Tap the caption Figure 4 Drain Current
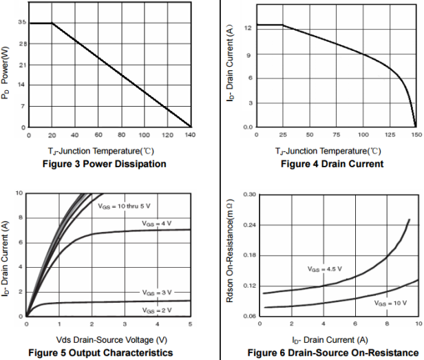332,164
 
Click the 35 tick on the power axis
23,23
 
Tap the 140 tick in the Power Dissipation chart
190,135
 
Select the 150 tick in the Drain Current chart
416,135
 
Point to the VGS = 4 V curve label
156,224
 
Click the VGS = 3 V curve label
156,293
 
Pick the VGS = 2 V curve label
156,311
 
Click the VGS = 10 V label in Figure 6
390,303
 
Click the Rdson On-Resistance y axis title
231,255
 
